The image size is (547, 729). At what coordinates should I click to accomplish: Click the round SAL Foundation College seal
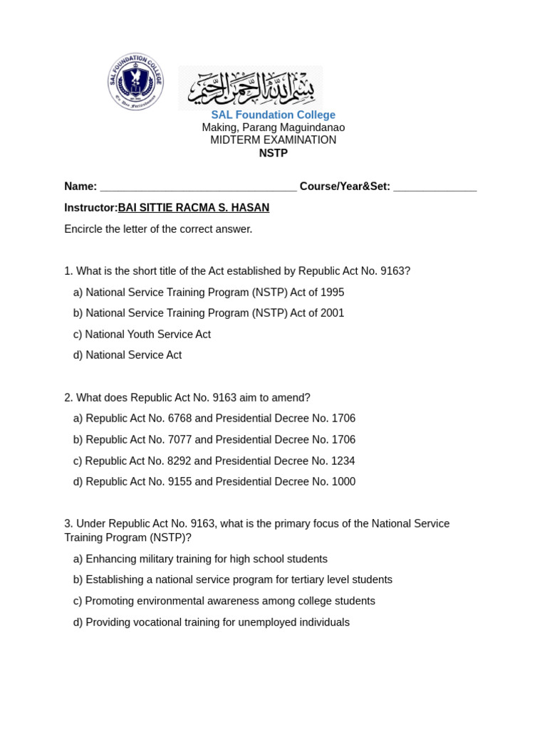[135, 82]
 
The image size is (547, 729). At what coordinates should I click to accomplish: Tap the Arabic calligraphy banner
[251, 88]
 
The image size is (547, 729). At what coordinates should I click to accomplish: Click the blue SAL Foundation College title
[273, 115]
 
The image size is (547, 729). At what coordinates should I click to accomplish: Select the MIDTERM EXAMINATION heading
[273, 140]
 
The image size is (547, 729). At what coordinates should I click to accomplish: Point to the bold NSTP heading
[273, 153]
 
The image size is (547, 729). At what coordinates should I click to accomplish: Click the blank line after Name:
[198, 188]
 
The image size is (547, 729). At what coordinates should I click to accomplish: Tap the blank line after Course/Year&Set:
[434, 188]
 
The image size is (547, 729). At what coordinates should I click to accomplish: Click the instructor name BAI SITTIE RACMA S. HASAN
[193, 208]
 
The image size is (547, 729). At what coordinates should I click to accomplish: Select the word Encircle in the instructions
[85, 229]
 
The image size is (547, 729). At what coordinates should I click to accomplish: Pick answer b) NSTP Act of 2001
[209, 313]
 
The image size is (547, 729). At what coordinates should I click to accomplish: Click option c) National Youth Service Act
[142, 335]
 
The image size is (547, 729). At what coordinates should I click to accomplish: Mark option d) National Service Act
[127, 355]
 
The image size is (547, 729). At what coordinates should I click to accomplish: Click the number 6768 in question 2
[179, 419]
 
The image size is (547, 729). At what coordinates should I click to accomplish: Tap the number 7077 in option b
[179, 440]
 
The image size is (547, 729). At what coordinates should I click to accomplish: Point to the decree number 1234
[343, 461]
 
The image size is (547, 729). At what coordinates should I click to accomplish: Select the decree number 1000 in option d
[343, 482]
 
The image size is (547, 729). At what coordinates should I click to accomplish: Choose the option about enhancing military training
[200, 560]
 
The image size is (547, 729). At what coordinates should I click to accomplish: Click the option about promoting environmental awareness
[224, 602]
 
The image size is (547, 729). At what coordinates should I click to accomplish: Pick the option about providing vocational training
[211, 623]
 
